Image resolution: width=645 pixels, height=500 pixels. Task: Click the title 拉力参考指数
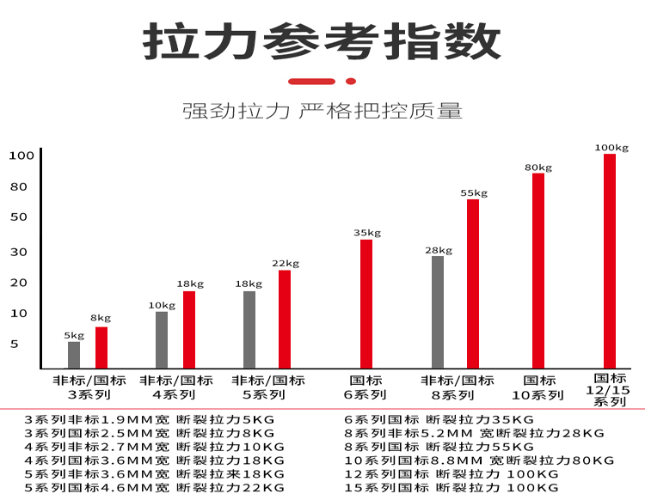tap(322, 40)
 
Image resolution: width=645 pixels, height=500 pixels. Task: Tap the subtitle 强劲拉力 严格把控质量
tap(322, 111)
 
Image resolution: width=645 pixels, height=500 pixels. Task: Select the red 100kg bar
tap(610, 260)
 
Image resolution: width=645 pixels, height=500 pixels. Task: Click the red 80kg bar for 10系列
tap(538, 271)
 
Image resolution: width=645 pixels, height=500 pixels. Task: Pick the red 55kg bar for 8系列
tap(473, 284)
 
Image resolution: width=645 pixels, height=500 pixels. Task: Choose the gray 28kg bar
tap(438, 312)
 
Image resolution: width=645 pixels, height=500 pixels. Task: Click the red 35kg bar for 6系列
tap(366, 303)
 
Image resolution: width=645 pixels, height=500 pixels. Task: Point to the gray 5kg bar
tap(74, 355)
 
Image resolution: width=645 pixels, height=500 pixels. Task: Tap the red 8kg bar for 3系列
tap(101, 347)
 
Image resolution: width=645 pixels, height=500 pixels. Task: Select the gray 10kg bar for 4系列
tap(162, 339)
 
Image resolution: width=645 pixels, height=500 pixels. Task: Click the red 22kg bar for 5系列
tap(285, 319)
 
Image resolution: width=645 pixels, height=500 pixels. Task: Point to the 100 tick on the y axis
tap(21, 155)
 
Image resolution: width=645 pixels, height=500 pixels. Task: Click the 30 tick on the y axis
tap(19, 252)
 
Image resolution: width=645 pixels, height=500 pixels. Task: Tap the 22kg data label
tap(286, 264)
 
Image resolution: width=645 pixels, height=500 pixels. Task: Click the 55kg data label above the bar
tap(474, 193)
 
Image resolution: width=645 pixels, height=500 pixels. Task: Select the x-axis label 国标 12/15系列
tap(611, 389)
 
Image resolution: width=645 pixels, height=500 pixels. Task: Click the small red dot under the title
tap(350, 81)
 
